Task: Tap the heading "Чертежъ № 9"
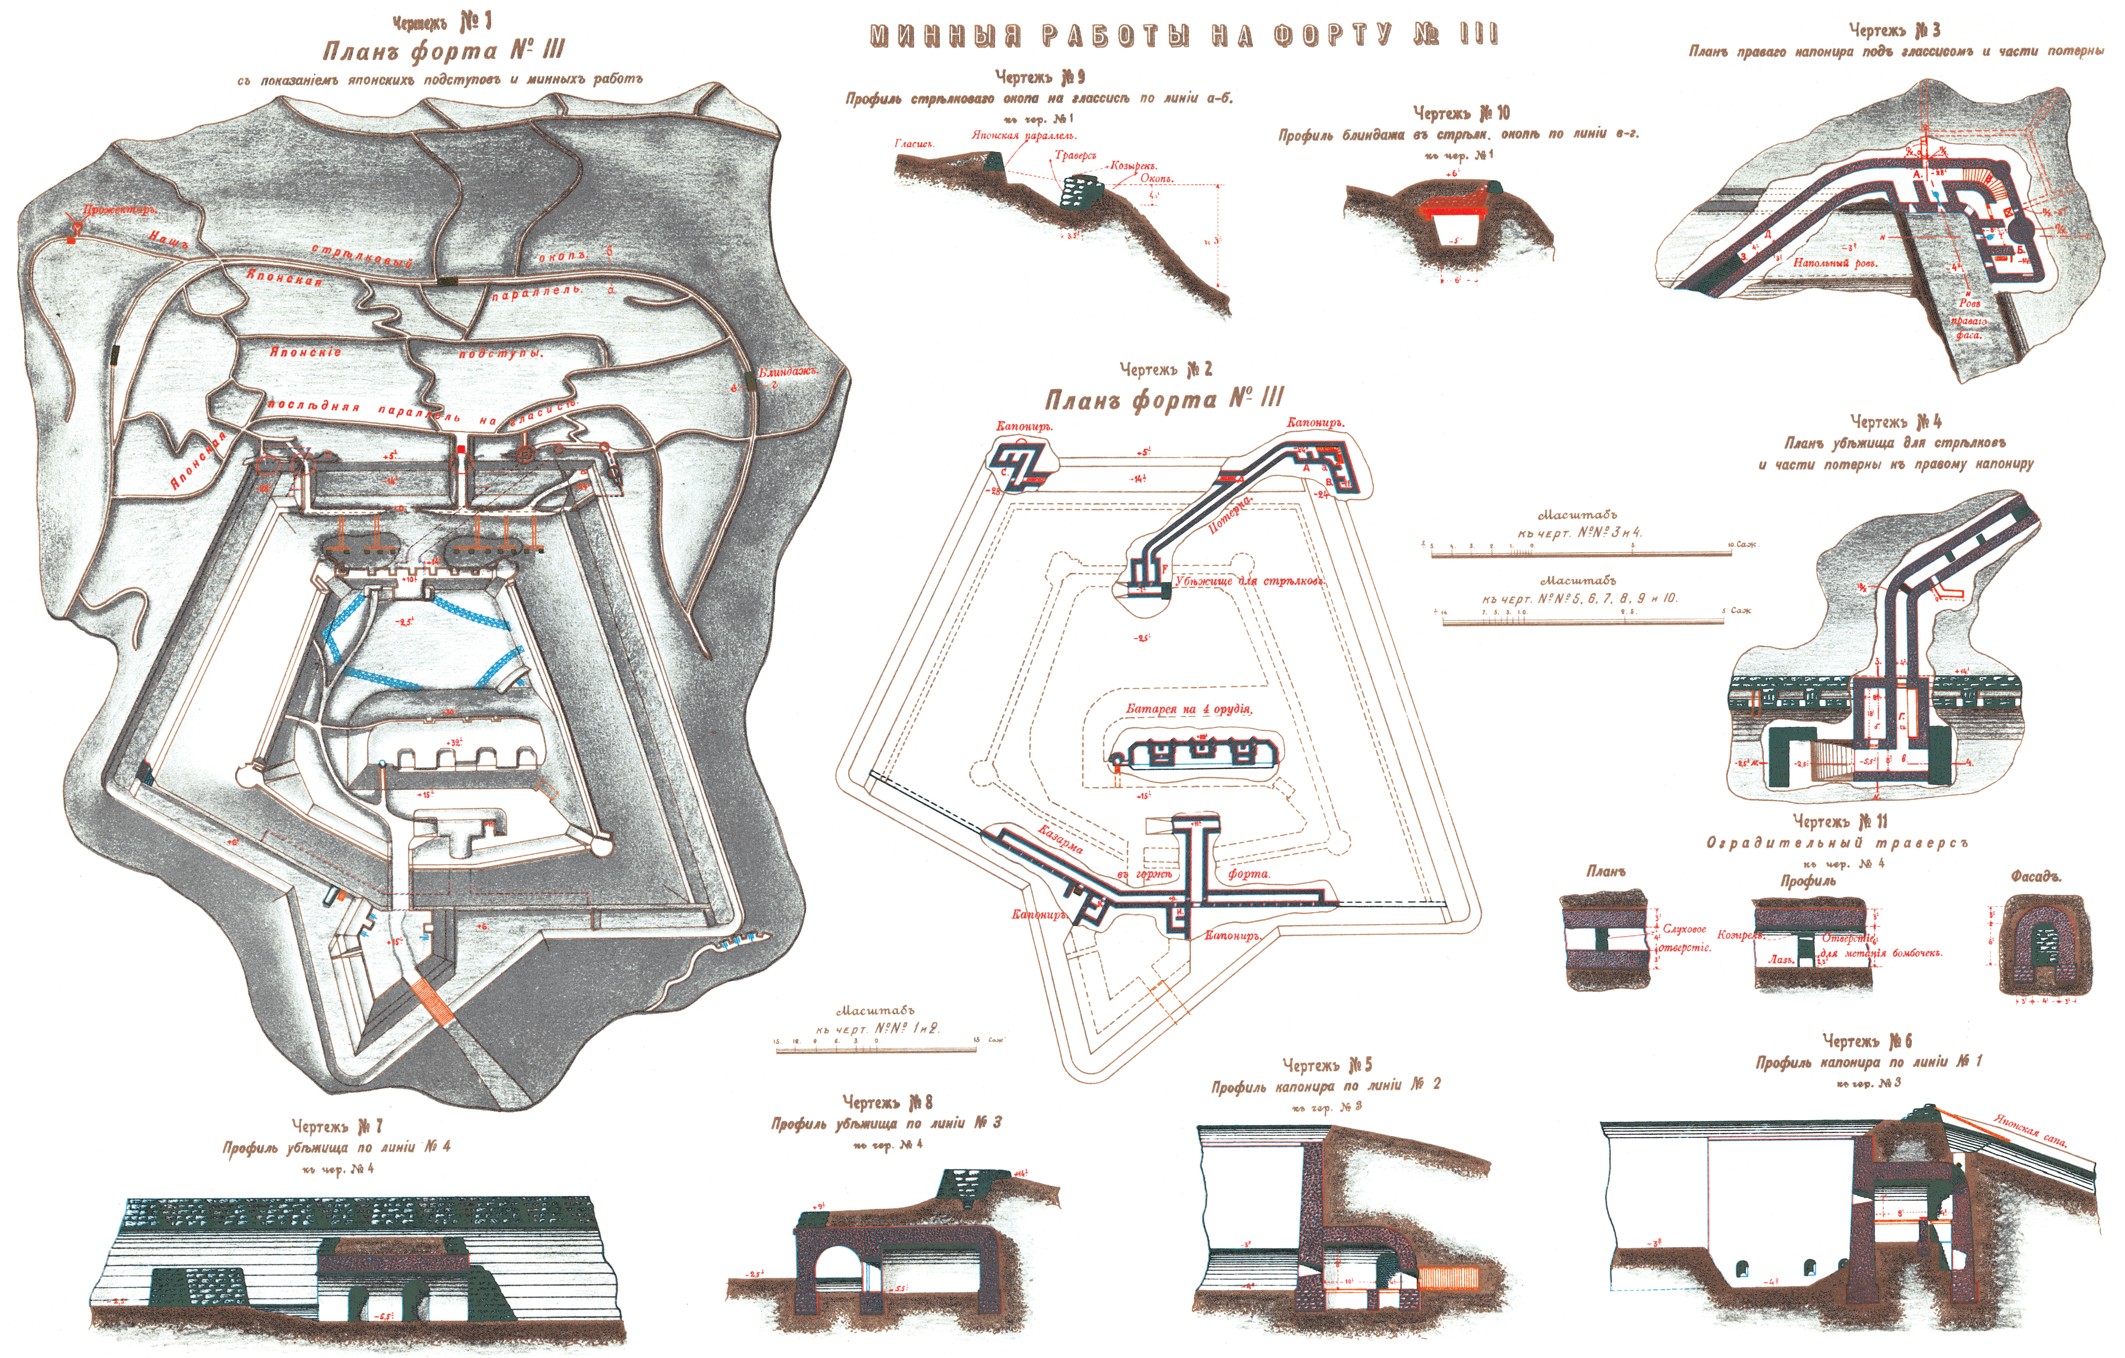pyautogui.click(x=1039, y=78)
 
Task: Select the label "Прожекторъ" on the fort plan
pyautogui.click(x=119, y=210)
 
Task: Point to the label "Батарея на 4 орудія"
pyautogui.click(x=1189, y=708)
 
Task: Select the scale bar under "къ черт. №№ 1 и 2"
pyautogui.click(x=875, y=1048)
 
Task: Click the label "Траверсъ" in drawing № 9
pyautogui.click(x=1075, y=155)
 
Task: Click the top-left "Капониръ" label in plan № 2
pyautogui.click(x=1024, y=426)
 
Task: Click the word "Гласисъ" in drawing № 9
pyautogui.click(x=913, y=143)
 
